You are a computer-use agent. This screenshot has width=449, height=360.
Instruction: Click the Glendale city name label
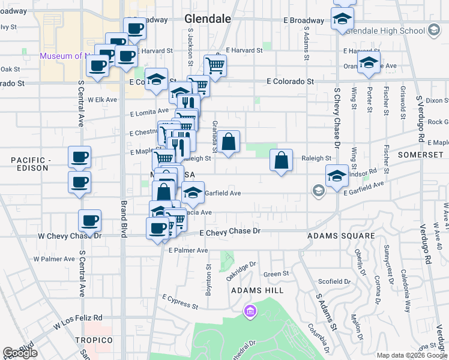point(208,19)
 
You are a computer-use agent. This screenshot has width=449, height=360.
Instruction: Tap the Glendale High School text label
point(386,30)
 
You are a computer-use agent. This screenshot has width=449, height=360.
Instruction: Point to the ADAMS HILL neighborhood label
point(258,290)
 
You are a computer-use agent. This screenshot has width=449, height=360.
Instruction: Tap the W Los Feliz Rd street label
point(77,322)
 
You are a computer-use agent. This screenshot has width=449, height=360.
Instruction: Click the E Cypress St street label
point(180,301)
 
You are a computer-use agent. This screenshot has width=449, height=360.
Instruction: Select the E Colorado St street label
point(291,81)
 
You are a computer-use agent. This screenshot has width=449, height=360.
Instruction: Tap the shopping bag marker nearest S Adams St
point(281,161)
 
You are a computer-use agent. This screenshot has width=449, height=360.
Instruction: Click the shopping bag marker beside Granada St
point(229,143)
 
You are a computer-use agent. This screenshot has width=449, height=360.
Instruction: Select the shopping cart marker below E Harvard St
point(214,65)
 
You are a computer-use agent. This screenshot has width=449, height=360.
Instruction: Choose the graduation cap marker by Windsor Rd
point(337,176)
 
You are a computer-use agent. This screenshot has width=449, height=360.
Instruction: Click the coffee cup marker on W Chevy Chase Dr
point(89,220)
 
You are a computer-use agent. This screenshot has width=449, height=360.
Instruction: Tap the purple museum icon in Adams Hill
point(250,311)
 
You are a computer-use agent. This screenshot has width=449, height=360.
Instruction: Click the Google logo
point(20,353)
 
